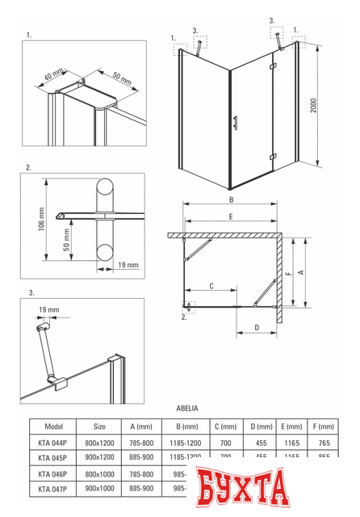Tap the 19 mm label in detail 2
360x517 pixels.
[x=128, y=264]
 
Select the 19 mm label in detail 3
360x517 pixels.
[x=48, y=309]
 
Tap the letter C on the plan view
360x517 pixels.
[x=211, y=285]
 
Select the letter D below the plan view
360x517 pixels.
[x=256, y=328]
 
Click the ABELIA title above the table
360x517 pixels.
[x=186, y=410]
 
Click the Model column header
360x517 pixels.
[x=54, y=427]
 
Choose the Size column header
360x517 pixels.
[x=99, y=427]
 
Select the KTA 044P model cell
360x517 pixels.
[x=54, y=443]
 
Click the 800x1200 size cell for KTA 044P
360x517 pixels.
[x=99, y=443]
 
